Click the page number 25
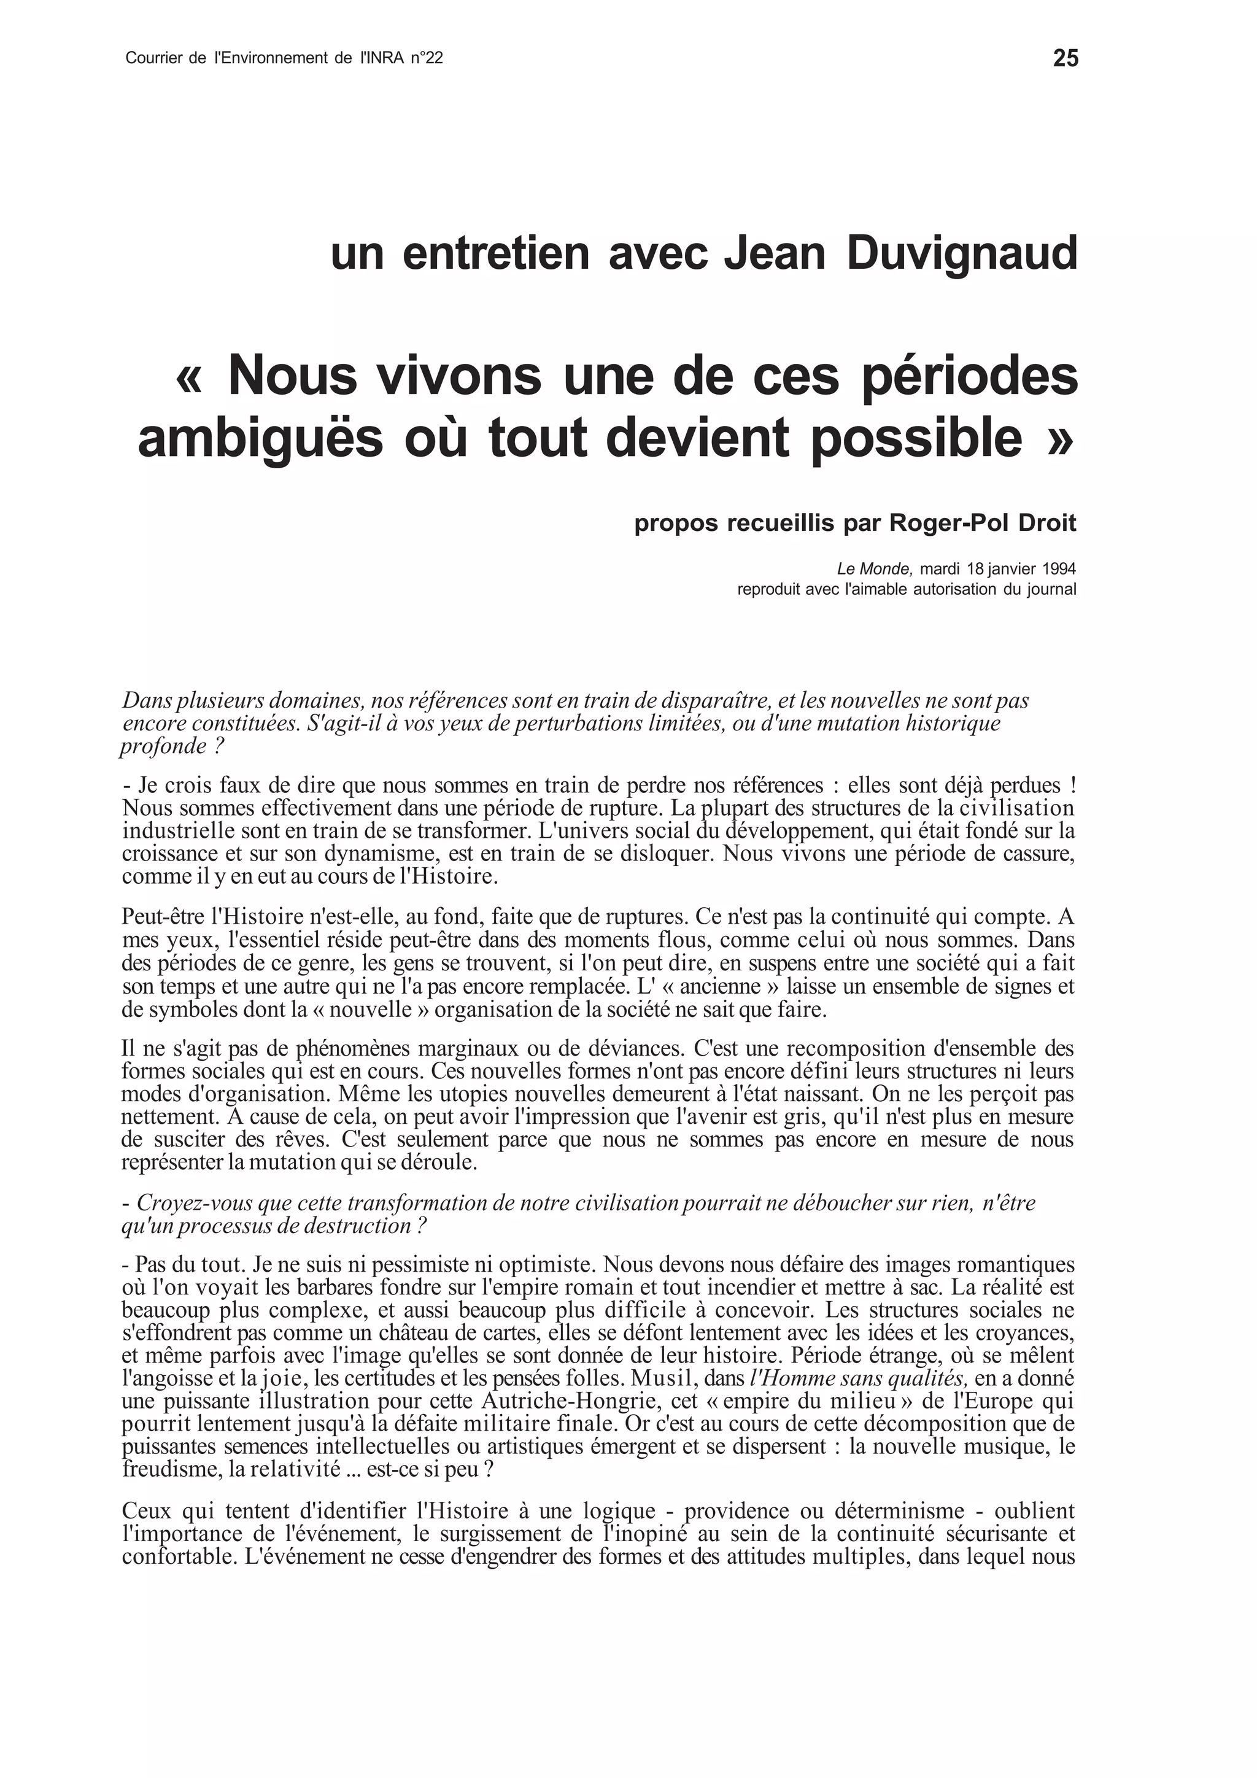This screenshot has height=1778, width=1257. click(1065, 59)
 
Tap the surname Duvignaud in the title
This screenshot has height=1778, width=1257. click(962, 254)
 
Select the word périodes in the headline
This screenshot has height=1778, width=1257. click(970, 376)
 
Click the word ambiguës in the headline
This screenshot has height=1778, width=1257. click(260, 438)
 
